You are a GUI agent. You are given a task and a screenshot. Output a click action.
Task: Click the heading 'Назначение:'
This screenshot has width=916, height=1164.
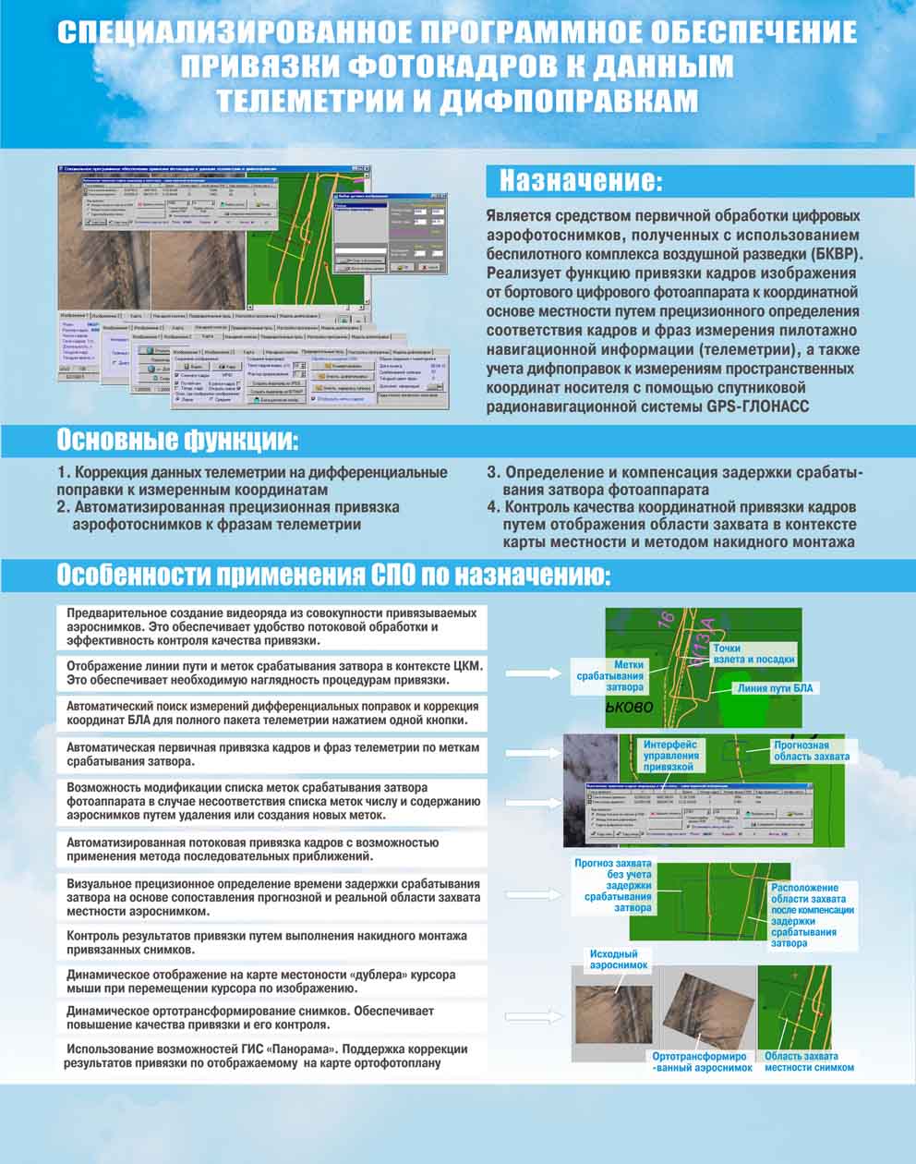pos(581,180)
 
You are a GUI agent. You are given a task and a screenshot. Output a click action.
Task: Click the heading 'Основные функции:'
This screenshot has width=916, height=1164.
pos(178,440)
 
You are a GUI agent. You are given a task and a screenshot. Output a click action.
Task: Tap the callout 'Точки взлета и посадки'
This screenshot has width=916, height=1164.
pos(752,654)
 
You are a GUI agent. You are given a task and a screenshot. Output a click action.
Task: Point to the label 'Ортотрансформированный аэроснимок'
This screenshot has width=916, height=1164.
pos(702,1061)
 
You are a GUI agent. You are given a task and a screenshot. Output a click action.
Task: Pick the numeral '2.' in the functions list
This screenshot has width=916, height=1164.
pos(63,507)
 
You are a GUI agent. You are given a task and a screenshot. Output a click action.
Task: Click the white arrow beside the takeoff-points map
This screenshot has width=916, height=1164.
pos(533,673)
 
